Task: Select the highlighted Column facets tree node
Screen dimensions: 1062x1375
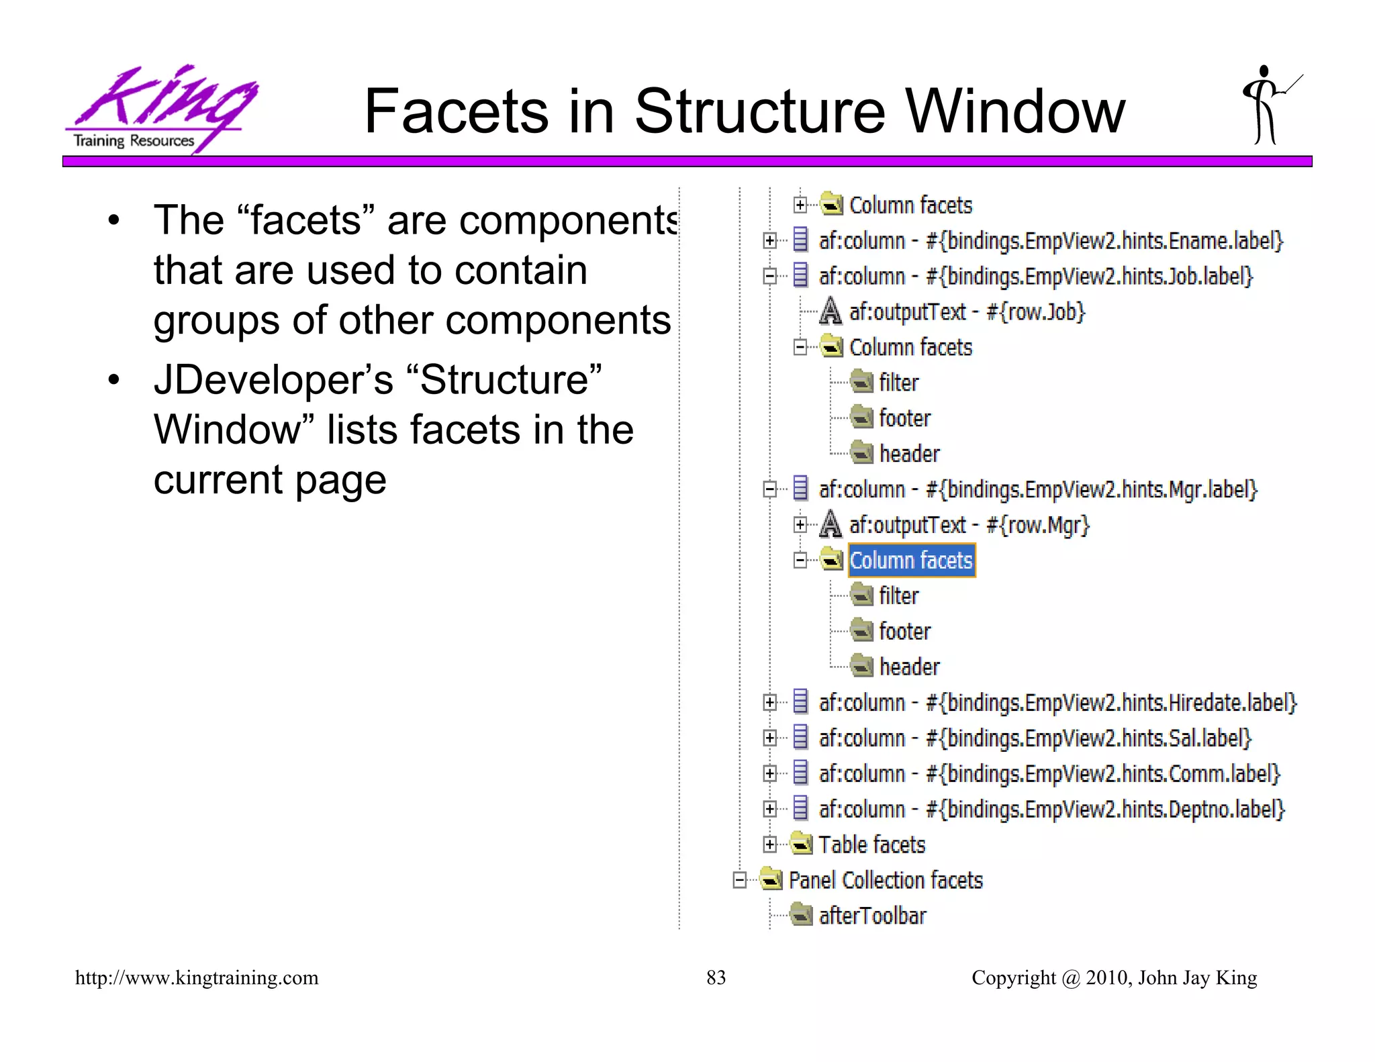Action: pyautogui.click(x=910, y=561)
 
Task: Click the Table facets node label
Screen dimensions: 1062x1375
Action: pyautogui.click(x=871, y=844)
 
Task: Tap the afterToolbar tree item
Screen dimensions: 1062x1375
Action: pyautogui.click(x=872, y=916)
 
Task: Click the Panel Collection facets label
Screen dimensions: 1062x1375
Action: pyautogui.click(x=885, y=880)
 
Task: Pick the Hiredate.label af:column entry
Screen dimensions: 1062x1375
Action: pyautogui.click(x=1057, y=703)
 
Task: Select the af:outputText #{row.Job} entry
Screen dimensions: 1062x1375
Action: pyautogui.click(x=967, y=312)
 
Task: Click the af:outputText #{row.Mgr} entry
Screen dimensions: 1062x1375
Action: pyautogui.click(x=969, y=525)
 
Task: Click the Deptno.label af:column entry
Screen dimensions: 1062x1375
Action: pyautogui.click(x=1051, y=810)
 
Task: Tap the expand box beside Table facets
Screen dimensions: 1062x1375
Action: pyautogui.click(x=770, y=844)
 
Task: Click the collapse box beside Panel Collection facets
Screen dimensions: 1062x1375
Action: pyautogui.click(x=740, y=880)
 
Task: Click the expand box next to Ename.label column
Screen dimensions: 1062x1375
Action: pyautogui.click(x=770, y=240)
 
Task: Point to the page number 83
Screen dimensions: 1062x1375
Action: pyautogui.click(x=716, y=977)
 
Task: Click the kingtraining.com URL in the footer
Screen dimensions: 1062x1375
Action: pyautogui.click(x=197, y=977)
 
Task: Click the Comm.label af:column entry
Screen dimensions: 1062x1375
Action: pyautogui.click(x=1049, y=774)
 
